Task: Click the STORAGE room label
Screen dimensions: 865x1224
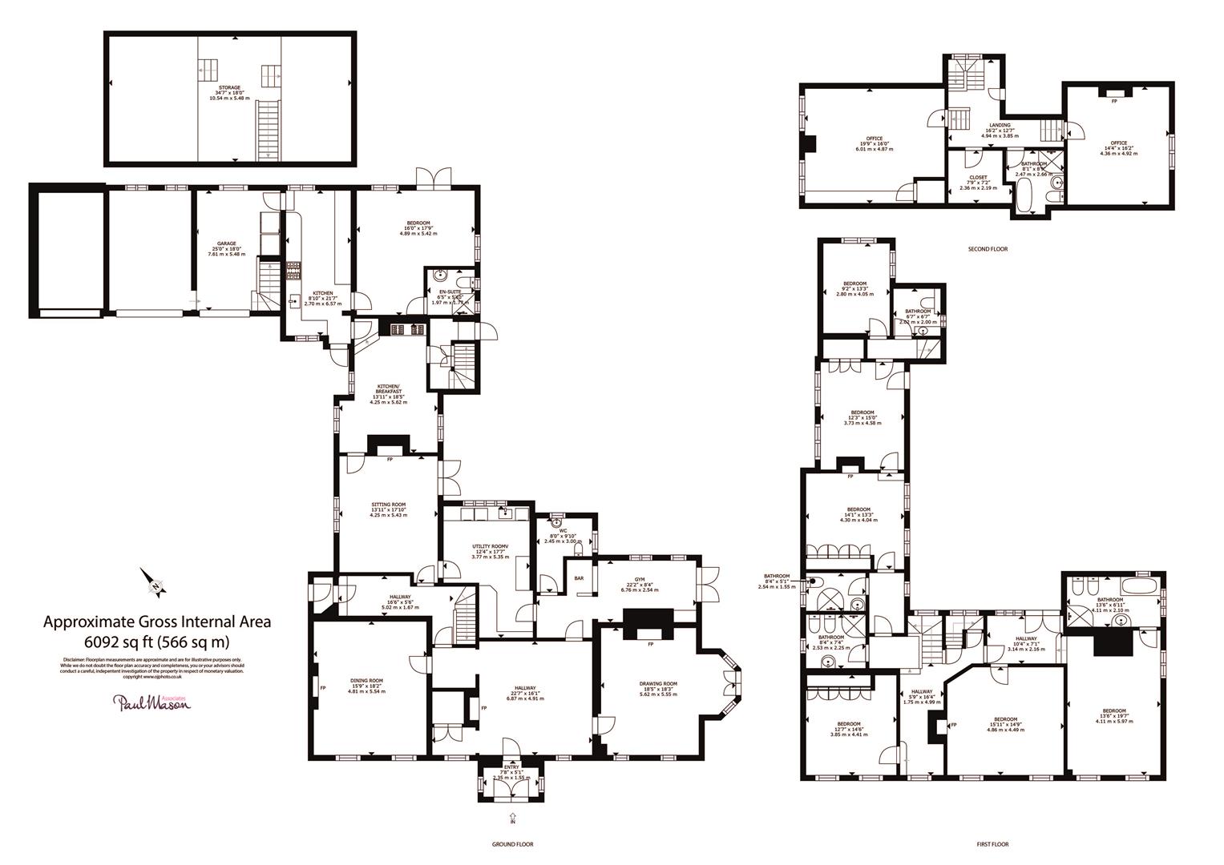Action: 230,88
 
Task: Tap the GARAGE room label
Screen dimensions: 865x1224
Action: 226,243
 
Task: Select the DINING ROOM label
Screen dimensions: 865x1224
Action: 367,681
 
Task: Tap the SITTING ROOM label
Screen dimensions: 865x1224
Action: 389,505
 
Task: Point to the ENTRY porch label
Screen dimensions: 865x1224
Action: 511,766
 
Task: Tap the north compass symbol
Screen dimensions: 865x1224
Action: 153,582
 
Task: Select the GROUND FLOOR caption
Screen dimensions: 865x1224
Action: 512,844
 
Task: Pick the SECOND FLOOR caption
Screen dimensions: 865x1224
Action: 988,249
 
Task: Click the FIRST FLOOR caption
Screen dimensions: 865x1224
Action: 992,844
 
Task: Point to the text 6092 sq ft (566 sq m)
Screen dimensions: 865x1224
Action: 156,642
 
